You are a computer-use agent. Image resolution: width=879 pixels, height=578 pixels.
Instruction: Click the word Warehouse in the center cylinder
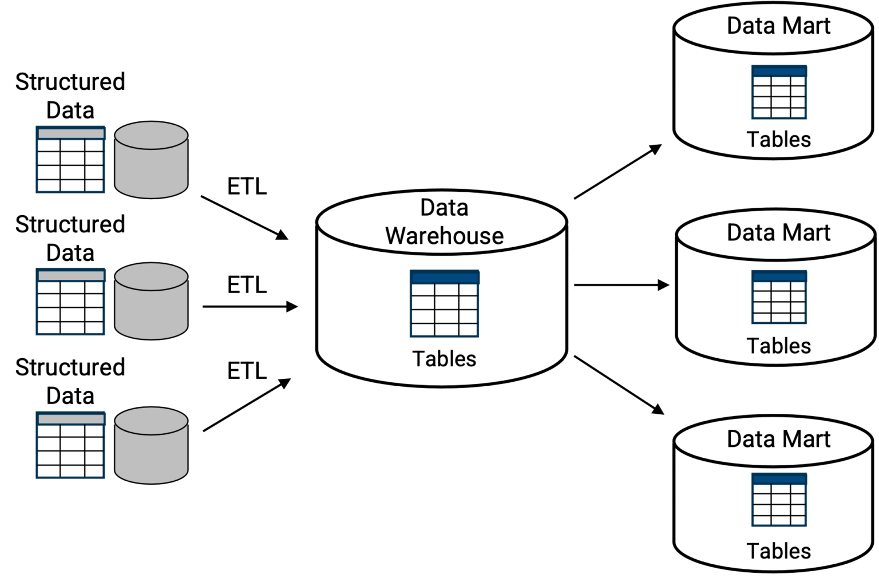[444, 236]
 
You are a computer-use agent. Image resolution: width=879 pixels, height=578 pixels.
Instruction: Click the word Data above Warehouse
[444, 207]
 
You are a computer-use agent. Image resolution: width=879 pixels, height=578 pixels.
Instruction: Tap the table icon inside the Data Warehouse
[444, 304]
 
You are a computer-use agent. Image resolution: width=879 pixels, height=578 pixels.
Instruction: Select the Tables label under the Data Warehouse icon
[444, 359]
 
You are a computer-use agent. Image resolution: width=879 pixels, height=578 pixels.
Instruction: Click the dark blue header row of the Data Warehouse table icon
[444, 278]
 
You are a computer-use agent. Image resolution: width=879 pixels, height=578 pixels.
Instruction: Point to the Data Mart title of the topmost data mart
[778, 26]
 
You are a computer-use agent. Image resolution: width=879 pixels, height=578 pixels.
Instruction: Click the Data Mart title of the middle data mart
[778, 232]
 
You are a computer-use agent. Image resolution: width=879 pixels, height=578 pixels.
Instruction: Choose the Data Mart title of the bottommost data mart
[778, 439]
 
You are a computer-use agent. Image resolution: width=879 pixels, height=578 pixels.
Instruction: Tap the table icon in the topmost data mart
[779, 92]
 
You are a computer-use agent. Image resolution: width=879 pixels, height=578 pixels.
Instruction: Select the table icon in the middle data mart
[779, 297]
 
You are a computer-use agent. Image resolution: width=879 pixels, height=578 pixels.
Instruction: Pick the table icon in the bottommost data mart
[779, 500]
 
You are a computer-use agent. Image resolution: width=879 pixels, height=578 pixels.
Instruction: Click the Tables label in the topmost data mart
[778, 139]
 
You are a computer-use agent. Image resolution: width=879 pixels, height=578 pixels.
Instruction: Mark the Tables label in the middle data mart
[778, 346]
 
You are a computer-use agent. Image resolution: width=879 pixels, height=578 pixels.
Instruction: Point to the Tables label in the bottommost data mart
[778, 551]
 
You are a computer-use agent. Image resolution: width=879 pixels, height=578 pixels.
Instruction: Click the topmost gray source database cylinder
[151, 160]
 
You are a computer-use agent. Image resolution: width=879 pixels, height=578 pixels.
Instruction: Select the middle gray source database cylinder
[151, 301]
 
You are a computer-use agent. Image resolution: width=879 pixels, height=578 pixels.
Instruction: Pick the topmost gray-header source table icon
[70, 160]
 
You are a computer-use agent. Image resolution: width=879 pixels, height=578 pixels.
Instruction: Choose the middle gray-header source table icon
[70, 301]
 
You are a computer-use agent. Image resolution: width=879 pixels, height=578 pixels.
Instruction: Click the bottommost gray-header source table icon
[70, 445]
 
